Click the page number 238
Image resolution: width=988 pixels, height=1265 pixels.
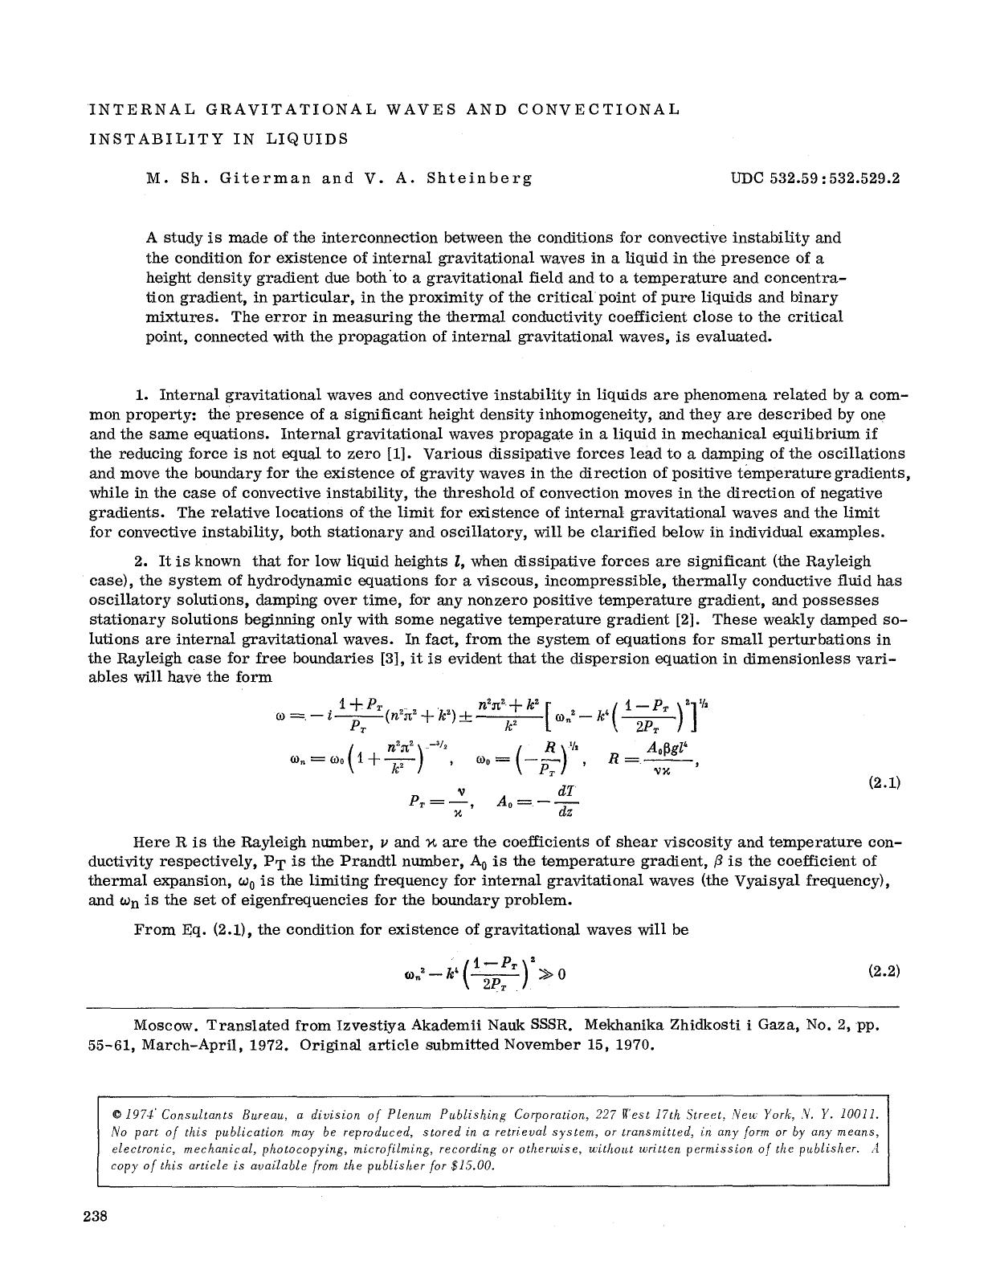[96, 1216]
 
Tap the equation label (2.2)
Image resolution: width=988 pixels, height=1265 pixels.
[884, 971]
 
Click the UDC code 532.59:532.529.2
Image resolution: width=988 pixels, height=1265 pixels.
[815, 178]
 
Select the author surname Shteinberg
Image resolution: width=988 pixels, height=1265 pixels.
[479, 178]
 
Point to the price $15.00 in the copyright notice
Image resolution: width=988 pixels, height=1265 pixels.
[472, 1165]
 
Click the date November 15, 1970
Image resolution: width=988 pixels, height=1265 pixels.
[579, 1045]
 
